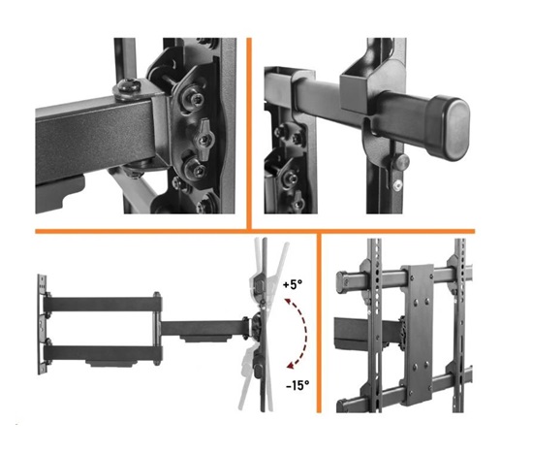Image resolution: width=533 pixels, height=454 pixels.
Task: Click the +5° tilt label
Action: (x=293, y=284)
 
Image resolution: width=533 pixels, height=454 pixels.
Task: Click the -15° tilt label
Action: (x=298, y=385)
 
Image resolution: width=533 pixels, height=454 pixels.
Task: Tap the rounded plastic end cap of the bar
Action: (x=449, y=129)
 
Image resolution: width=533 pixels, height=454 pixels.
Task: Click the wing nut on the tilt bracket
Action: (x=204, y=139)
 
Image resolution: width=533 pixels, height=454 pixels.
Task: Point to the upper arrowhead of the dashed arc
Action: (x=288, y=301)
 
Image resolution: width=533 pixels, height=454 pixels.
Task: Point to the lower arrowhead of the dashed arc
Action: (x=290, y=366)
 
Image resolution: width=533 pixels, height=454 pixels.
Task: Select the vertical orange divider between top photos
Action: (x=249, y=134)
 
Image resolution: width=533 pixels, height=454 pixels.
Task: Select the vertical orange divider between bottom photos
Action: (x=319, y=323)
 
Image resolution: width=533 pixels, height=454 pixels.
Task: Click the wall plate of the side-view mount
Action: (x=42, y=324)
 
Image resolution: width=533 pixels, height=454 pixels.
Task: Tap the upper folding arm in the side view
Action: (x=103, y=304)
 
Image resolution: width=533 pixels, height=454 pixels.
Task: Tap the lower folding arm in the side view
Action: (x=103, y=353)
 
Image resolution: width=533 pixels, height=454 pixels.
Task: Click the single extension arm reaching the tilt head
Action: (x=205, y=328)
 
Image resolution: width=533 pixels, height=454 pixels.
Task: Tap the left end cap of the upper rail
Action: (x=341, y=281)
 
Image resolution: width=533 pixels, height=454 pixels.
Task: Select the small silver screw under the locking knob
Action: (x=397, y=185)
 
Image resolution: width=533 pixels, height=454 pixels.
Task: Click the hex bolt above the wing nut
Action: (x=196, y=99)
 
